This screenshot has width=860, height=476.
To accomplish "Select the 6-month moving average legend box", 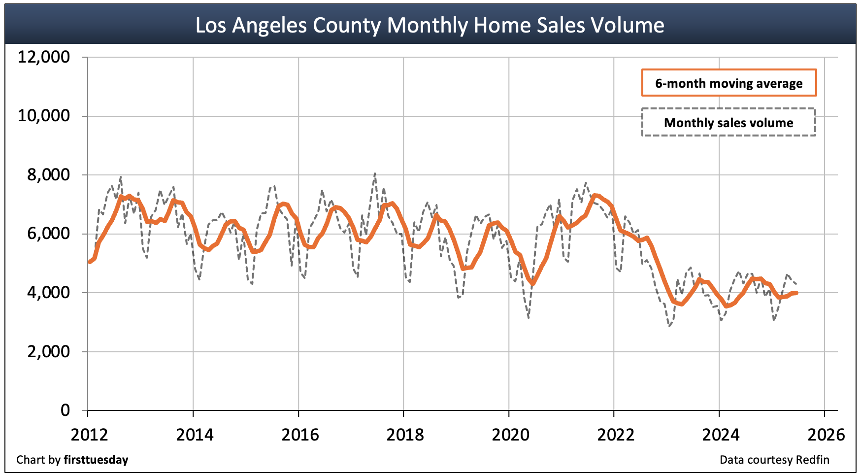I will click(728, 83).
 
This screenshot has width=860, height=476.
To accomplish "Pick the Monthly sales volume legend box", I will click(728, 122).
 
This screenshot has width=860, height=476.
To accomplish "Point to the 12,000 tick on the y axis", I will click(44, 57).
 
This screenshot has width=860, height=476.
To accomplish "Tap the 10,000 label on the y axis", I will click(44, 116).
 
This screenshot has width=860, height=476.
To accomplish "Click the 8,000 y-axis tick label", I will click(48, 175).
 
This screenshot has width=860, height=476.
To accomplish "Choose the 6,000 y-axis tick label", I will click(48, 234).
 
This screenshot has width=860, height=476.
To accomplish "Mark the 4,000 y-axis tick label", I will click(48, 293).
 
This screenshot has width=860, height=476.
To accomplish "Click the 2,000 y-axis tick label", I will click(48, 352).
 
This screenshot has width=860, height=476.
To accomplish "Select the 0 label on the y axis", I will click(65, 410).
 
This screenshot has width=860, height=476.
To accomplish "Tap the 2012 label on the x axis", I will click(89, 435).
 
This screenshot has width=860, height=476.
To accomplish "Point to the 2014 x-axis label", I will click(195, 435).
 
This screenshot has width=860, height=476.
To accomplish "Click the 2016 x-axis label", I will click(300, 435).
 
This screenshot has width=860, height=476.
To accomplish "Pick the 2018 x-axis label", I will click(405, 435).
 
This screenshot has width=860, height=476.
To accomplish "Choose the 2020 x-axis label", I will click(510, 435).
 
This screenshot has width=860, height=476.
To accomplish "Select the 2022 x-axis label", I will click(615, 435).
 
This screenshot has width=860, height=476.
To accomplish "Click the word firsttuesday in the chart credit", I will click(96, 460).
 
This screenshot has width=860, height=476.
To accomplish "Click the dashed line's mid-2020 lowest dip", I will click(529, 318).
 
